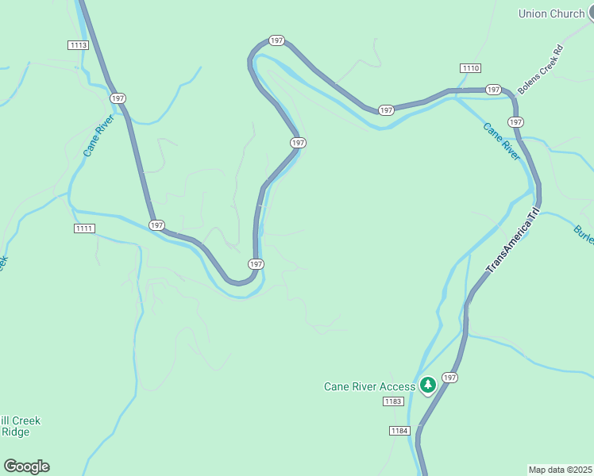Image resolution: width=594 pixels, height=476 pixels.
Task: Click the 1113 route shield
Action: click(x=78, y=45)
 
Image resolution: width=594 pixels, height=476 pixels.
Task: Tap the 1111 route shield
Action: click(x=84, y=228)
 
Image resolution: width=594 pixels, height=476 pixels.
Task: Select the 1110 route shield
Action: click(x=470, y=67)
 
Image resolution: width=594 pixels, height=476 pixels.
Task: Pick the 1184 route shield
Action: click(x=399, y=430)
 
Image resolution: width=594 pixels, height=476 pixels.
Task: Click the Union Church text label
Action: click(x=551, y=13)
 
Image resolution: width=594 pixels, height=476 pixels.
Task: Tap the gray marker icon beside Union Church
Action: click(x=590, y=13)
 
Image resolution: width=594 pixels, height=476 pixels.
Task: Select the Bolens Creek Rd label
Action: click(x=540, y=70)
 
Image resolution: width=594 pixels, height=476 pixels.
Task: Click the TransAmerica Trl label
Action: click(x=512, y=241)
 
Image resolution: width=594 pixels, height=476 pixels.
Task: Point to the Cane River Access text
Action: click(x=369, y=386)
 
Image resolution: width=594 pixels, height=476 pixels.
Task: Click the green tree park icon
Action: click(x=428, y=386)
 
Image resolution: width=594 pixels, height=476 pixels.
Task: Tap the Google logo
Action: click(x=26, y=466)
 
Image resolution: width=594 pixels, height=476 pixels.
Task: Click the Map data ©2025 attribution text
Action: click(x=560, y=469)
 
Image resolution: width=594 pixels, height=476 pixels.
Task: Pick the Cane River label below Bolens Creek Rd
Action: click(x=500, y=141)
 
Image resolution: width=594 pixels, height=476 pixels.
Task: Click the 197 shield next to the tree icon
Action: click(x=450, y=378)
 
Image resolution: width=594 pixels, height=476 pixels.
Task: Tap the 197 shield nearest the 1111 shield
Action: click(x=156, y=225)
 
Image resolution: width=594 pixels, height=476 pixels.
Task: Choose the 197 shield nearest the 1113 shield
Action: click(x=118, y=98)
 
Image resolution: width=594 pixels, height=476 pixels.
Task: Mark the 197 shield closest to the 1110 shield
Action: click(x=493, y=90)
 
